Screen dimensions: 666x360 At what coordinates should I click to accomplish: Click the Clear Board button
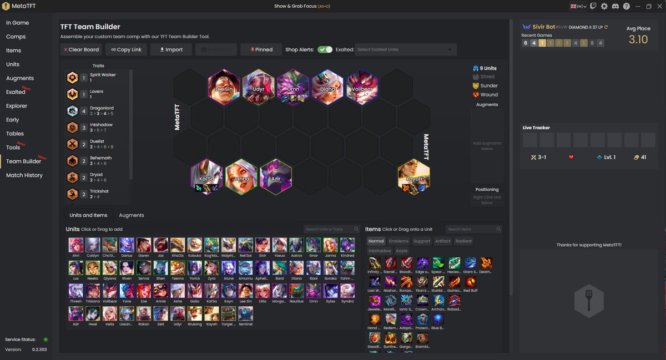pyautogui.click(x=81, y=49)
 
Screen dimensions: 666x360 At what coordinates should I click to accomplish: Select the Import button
pyautogui.click(x=170, y=49)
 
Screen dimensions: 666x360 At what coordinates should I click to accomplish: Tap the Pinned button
pyautogui.click(x=261, y=49)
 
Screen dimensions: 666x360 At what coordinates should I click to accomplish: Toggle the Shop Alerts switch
pyautogui.click(x=325, y=49)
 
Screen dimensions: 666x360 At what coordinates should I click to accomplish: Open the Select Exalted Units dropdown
pyautogui.click(x=405, y=49)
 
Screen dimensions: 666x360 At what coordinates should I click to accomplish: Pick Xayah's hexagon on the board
pyautogui.click(x=413, y=176)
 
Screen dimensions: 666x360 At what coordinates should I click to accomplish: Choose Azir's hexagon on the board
pyautogui.click(x=276, y=176)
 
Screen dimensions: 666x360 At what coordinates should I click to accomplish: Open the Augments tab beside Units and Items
pyautogui.click(x=132, y=215)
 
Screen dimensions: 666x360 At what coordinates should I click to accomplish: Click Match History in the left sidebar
pyautogui.click(x=24, y=175)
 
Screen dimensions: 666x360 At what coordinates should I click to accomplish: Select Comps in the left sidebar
pyautogui.click(x=16, y=37)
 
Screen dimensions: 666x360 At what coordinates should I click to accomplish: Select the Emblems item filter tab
pyautogui.click(x=398, y=241)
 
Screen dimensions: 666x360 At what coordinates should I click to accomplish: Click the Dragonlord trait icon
pyautogui.click(x=73, y=111)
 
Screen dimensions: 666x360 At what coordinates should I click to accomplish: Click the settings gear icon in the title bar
pyautogui.click(x=604, y=6)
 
